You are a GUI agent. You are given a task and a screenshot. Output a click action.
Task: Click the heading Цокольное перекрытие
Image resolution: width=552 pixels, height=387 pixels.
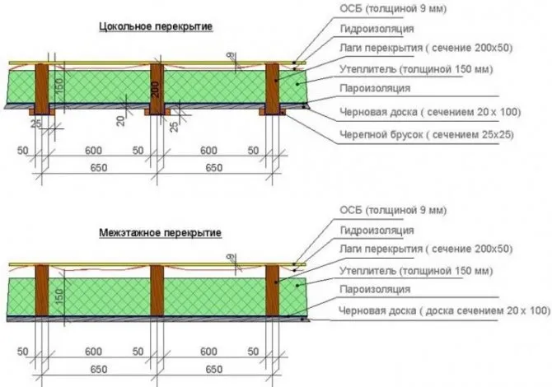coord(156,26)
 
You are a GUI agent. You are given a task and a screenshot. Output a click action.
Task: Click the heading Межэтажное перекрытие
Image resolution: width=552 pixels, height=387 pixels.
coord(160,232)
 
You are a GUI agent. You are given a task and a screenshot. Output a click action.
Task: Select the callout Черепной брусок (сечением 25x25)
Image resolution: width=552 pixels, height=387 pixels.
coord(426,134)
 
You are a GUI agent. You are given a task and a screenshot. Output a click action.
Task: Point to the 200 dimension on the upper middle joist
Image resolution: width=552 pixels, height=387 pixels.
coord(157,90)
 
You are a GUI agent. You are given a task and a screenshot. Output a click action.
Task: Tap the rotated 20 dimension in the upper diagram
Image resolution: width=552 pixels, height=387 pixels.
coord(121,121)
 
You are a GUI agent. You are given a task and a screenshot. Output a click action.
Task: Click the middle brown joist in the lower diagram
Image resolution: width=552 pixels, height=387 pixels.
coord(157,290)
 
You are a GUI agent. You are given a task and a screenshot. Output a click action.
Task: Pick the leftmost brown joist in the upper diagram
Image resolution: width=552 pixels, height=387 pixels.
coord(42,89)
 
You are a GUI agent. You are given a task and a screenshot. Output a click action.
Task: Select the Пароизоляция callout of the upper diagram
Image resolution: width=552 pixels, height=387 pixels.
coord(375,88)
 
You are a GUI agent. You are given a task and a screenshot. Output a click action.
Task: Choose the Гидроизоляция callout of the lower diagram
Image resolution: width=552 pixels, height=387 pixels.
coord(377,231)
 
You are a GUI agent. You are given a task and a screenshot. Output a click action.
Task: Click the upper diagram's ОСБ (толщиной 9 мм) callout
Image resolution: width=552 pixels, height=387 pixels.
coord(393,8)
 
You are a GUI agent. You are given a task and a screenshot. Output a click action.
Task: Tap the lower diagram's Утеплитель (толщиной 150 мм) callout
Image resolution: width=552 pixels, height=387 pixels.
coord(416,271)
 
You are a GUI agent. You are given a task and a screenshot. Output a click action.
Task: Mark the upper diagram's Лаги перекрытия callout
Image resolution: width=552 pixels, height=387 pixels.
coord(426,48)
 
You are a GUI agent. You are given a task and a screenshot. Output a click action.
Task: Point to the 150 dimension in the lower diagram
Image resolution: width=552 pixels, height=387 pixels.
coord(59,296)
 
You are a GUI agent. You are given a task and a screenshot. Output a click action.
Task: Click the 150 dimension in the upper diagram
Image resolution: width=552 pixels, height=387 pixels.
coord(59,86)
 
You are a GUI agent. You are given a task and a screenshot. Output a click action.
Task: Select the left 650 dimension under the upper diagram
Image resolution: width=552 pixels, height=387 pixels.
coord(99,167)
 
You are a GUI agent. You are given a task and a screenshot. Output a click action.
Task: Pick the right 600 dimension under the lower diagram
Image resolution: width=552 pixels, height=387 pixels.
coord(208,351)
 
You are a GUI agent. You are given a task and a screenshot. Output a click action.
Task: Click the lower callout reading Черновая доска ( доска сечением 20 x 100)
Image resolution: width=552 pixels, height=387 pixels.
coord(444,310)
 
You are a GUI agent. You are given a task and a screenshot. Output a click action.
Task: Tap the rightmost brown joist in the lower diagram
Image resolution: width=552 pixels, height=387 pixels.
coord(272,290)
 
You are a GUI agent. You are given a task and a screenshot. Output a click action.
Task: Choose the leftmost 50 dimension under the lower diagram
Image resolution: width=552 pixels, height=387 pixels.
coord(22,351)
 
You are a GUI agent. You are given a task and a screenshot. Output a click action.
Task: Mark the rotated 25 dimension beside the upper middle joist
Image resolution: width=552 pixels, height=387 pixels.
coord(174,126)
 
